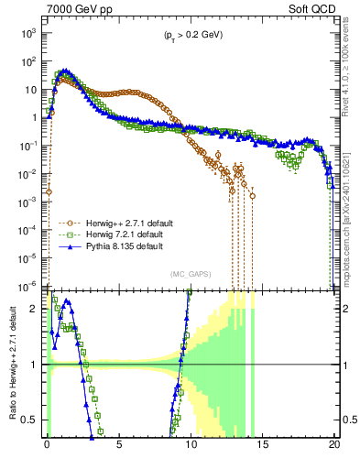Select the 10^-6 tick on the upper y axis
coord(28,286)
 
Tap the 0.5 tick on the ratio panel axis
coord(31,420)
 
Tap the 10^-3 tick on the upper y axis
coord(28,202)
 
